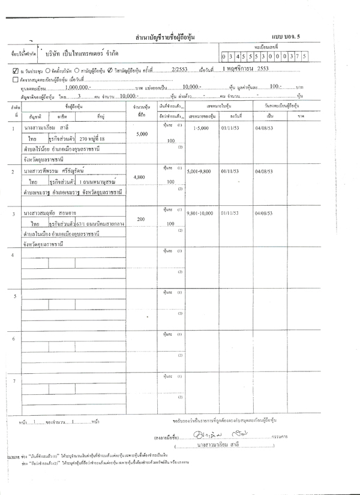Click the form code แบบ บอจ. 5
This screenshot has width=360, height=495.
pyautogui.click(x=291, y=37)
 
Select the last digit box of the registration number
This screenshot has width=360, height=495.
pyautogui.click(x=304, y=56)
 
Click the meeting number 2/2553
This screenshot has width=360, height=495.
pyautogui.click(x=179, y=70)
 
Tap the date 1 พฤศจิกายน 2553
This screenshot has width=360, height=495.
pyautogui.click(x=245, y=69)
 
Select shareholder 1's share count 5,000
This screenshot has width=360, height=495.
pyautogui.click(x=142, y=134)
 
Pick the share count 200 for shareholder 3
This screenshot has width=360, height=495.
pyautogui.click(x=142, y=220)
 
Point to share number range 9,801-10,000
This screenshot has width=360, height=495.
pyautogui.click(x=200, y=213)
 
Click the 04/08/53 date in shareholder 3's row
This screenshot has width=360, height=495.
pyautogui.click(x=265, y=213)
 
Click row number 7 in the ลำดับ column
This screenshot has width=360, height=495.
pyautogui.click(x=14, y=381)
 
